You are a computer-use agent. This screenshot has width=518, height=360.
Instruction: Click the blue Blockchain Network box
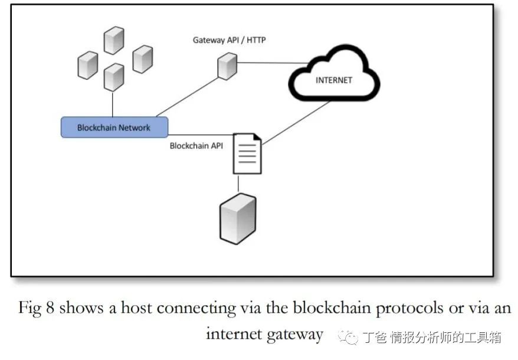click(x=114, y=127)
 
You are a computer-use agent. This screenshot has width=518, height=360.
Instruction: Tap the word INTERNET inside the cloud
click(x=333, y=80)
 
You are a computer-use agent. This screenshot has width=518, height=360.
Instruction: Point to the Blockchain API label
click(x=196, y=146)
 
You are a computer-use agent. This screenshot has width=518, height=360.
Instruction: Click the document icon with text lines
click(x=247, y=153)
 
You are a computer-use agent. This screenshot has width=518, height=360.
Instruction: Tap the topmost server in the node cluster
click(x=113, y=40)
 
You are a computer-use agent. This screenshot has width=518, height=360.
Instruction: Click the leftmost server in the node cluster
click(x=87, y=65)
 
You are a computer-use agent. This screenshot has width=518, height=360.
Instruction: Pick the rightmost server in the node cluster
click(x=142, y=58)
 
